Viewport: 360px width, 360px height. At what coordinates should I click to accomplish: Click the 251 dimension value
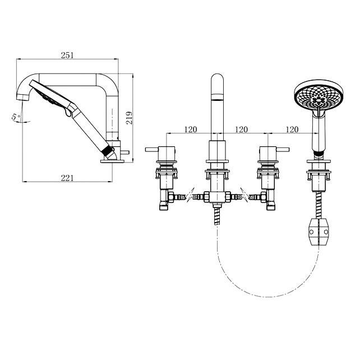coord(67,56)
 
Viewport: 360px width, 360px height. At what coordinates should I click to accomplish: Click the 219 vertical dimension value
coord(129,118)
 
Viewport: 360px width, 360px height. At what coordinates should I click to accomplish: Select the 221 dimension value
coord(67,178)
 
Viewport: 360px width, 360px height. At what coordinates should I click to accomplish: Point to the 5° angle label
coord(16,117)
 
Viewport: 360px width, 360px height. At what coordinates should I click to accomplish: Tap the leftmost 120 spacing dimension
coord(191,130)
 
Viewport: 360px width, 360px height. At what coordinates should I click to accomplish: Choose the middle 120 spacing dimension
coord(241,130)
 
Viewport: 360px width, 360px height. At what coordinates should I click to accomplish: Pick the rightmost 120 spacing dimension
coord(292,130)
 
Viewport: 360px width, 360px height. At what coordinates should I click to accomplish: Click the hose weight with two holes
coord(319,232)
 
